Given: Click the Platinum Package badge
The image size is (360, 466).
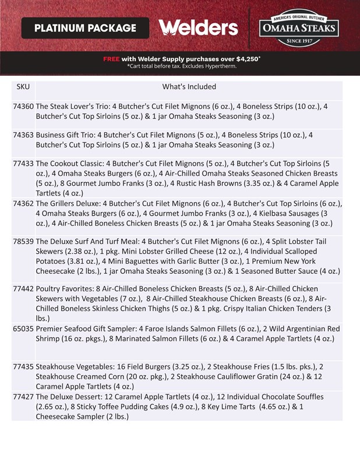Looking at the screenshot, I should point(85,28).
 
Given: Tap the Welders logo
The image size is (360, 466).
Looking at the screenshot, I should point(198,28).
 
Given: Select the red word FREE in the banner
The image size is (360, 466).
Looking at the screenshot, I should point(111,59).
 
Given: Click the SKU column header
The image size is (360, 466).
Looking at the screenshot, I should point(23,87).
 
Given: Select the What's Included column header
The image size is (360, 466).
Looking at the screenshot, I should point(189,87).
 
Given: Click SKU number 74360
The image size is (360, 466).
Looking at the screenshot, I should point(23,107).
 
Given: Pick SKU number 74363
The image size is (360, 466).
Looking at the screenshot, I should point(23,135).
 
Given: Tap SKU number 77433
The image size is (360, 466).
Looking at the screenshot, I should point(23,164).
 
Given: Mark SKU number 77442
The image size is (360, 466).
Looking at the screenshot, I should point(23,288).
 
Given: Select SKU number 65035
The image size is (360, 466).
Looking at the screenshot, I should point(23,329).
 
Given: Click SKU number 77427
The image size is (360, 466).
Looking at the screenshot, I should point(23,397).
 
